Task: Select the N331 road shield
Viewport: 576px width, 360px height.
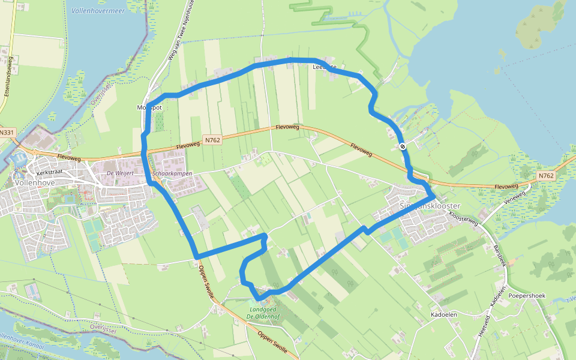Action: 7,133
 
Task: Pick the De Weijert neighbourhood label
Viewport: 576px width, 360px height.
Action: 119,173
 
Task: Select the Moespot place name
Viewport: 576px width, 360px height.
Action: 149,107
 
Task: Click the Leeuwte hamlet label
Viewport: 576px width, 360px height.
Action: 325,67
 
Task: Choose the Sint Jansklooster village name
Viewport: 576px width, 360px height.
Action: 430,206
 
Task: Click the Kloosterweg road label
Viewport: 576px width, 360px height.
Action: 464,219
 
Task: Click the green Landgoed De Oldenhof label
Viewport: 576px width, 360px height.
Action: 263,314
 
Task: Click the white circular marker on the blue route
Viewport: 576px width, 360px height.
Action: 403,146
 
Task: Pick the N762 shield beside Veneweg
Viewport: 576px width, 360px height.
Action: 545,176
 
